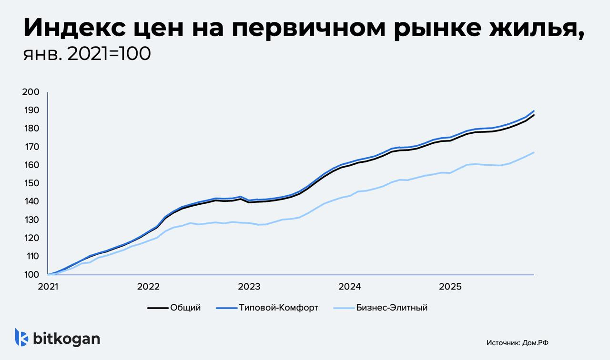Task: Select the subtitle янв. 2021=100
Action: (87, 54)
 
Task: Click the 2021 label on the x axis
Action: (48, 287)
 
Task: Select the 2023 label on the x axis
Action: (249, 287)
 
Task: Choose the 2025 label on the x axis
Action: (450, 287)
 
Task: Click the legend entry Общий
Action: (185, 308)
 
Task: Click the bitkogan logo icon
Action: (21, 337)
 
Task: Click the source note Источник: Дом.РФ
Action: (521, 342)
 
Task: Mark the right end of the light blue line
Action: (534, 152)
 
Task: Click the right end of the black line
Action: (534, 115)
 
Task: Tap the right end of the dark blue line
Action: (534, 110)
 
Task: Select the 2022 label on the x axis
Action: (148, 287)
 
